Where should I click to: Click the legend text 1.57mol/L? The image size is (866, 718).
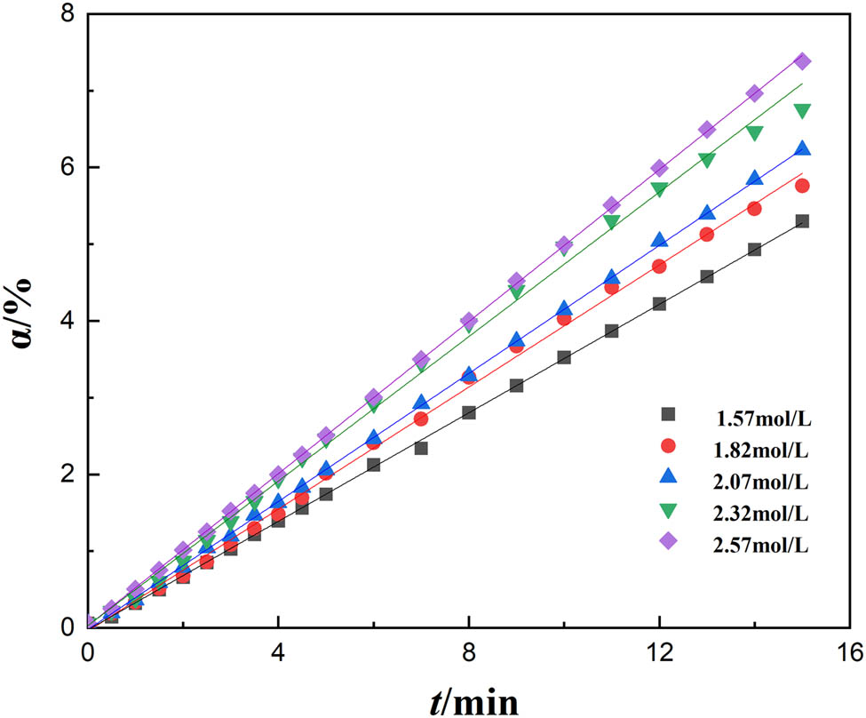762,414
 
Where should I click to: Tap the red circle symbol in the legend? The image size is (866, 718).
669,447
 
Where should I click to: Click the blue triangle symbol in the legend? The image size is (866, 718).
669,479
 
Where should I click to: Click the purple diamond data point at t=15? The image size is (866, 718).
802,61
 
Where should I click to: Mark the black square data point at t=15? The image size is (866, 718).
802,221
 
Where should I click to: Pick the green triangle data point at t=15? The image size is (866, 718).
802,111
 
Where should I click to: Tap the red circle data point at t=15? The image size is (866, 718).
802,186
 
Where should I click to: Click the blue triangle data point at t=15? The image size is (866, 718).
802,149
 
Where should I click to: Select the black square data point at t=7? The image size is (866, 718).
421,448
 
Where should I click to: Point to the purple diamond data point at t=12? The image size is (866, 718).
659,168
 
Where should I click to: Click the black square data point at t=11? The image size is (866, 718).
611,331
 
